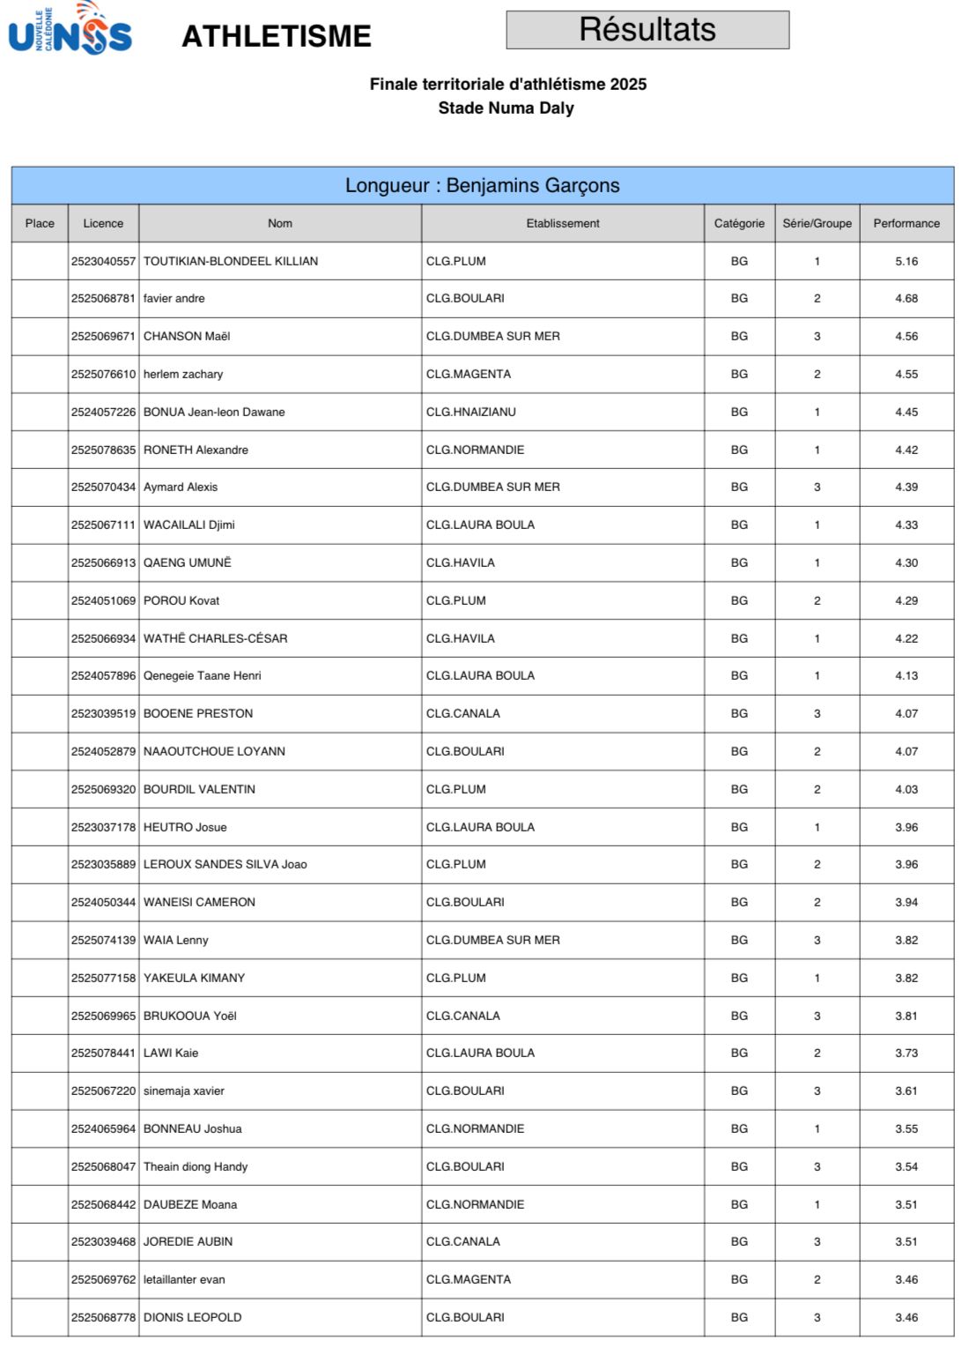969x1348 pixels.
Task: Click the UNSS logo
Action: pos(70,29)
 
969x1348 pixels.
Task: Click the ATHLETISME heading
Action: pos(276,36)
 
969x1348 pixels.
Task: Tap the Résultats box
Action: pos(647,30)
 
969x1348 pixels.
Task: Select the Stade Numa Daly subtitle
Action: pos(506,108)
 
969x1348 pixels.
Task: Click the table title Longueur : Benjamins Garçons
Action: pos(482,186)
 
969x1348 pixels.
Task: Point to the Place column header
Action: pos(40,224)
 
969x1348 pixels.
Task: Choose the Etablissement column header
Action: pos(562,224)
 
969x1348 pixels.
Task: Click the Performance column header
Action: pos(906,224)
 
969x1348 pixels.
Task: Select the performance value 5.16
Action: pos(906,262)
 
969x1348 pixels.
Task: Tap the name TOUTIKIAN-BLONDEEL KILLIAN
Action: pos(231,262)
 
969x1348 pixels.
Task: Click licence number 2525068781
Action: pos(103,299)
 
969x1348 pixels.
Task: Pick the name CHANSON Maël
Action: pos(187,337)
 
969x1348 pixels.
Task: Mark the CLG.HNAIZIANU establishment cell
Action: pos(470,413)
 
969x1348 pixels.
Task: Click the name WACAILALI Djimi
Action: pos(189,525)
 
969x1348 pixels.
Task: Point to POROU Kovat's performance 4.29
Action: pos(906,601)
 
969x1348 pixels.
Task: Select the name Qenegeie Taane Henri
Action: pos(203,676)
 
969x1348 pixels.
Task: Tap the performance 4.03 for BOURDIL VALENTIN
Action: pos(906,790)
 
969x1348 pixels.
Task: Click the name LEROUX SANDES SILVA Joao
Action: pos(226,865)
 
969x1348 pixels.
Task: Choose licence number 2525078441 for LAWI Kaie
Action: pos(103,1054)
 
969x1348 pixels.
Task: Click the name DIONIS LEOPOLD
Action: pos(192,1318)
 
